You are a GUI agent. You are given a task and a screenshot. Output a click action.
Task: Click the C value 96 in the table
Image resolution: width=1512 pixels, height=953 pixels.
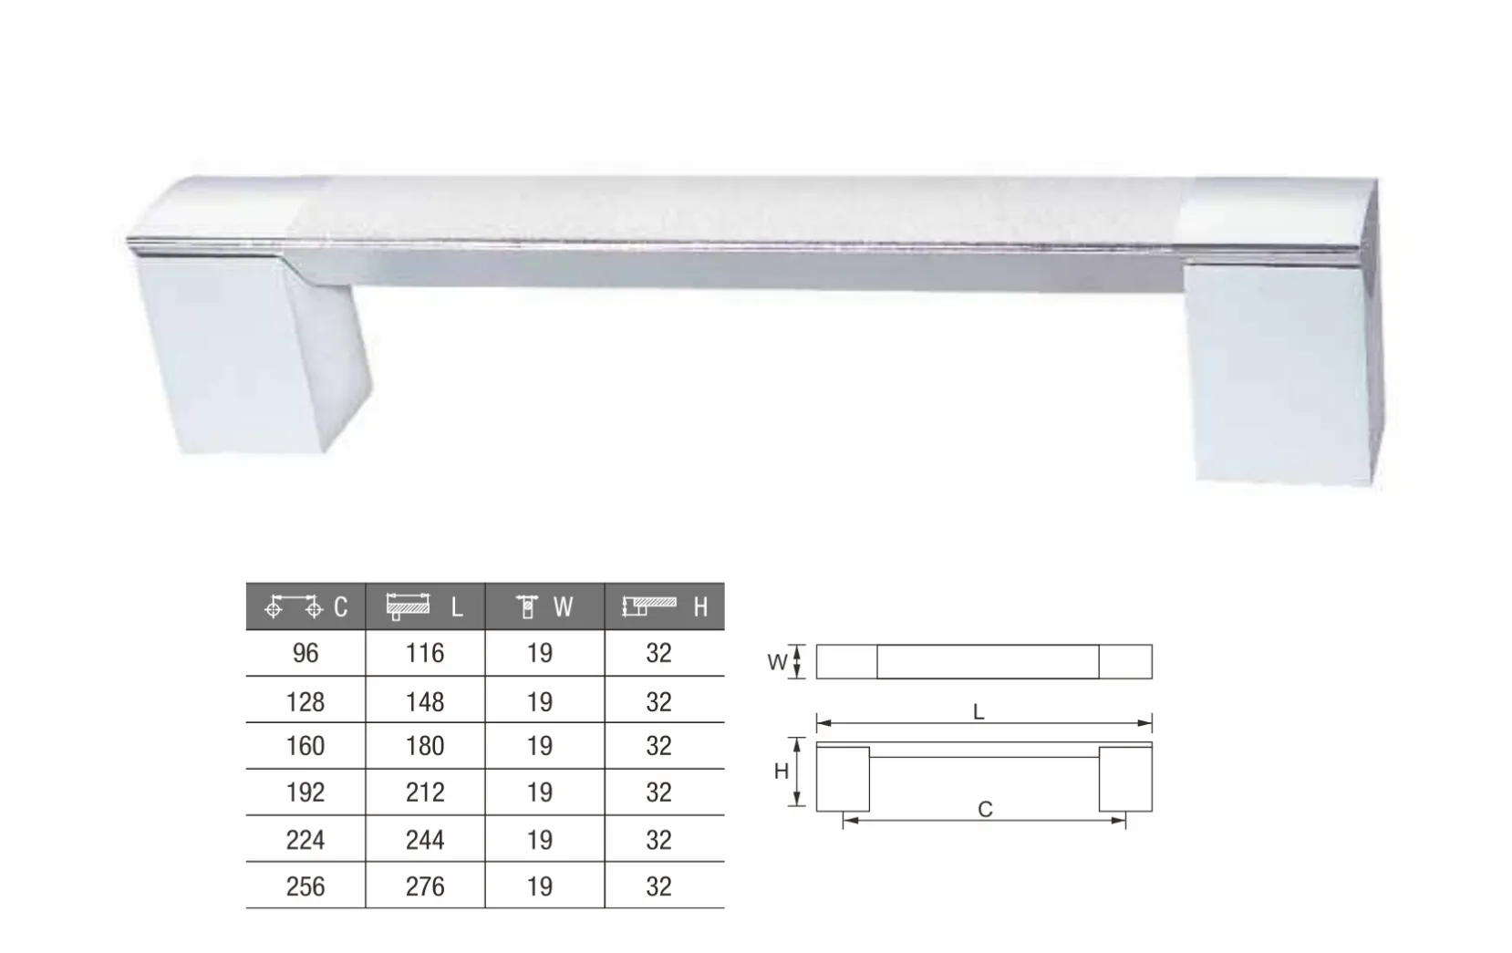[x=306, y=653]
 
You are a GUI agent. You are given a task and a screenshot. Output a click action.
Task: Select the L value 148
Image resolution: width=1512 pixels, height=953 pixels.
[x=425, y=702]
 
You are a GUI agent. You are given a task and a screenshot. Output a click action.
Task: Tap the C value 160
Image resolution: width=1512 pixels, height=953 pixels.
[x=306, y=746]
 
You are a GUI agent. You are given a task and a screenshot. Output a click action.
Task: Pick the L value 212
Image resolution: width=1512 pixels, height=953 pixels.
[x=425, y=792]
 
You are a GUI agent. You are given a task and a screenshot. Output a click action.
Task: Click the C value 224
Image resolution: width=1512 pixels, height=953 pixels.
[x=306, y=840]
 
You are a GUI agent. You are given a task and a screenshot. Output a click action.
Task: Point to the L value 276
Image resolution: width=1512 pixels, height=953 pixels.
[x=425, y=886]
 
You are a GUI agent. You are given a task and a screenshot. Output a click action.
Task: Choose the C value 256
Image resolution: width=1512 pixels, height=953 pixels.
[x=306, y=886]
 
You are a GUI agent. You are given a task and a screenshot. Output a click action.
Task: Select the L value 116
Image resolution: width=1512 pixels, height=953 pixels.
[x=425, y=653]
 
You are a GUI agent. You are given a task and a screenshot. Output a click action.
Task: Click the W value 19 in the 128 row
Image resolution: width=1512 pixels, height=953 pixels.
[x=540, y=702]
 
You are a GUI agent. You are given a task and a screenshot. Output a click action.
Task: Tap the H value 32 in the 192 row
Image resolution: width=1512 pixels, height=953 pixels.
[x=658, y=792]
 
